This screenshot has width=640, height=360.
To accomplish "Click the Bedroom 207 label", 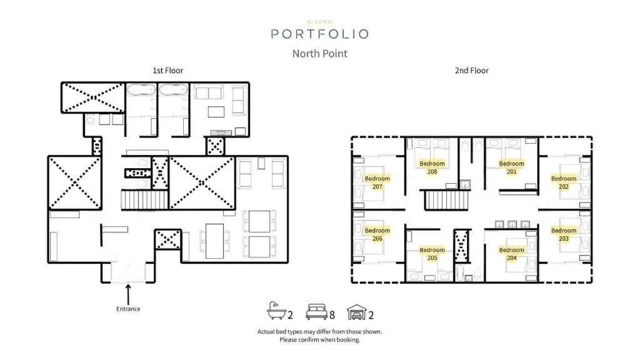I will pos(377,182).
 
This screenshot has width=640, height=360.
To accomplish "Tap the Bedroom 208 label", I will pos(432,167).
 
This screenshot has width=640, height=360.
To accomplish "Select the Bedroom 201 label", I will pos(512,167).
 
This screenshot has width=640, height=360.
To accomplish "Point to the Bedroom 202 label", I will pos(564,182).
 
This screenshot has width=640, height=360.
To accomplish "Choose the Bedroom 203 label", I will pos(564,234).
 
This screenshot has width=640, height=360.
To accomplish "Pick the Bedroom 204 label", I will pos(512,254).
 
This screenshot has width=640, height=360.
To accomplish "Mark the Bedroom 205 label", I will pos(432,254).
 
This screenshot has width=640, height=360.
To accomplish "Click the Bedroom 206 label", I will pos(377,234).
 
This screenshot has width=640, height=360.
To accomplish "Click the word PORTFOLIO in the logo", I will pos(319,34).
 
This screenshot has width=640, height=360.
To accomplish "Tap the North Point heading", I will pos(319,54).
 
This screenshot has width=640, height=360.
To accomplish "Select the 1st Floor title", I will pos(168,71).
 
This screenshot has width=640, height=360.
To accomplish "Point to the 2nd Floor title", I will pos(471,71).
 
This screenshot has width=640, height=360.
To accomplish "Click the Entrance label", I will pos(128,309).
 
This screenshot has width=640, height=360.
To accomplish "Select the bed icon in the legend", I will pos(316,312).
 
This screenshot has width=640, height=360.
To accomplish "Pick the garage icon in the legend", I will pos(356,312).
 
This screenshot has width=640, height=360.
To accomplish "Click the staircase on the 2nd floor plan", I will pos(442,201).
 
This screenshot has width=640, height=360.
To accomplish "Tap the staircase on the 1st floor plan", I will pos(144,201).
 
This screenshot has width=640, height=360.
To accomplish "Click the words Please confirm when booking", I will pos(319,340).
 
